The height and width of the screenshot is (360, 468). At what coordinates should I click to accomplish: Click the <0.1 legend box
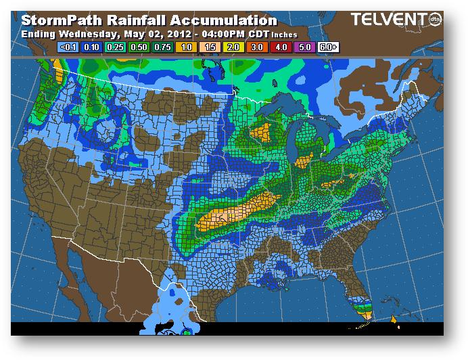point(68,48)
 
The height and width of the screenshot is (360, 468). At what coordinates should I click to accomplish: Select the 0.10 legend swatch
point(90,48)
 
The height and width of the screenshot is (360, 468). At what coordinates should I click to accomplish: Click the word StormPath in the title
point(61,21)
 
